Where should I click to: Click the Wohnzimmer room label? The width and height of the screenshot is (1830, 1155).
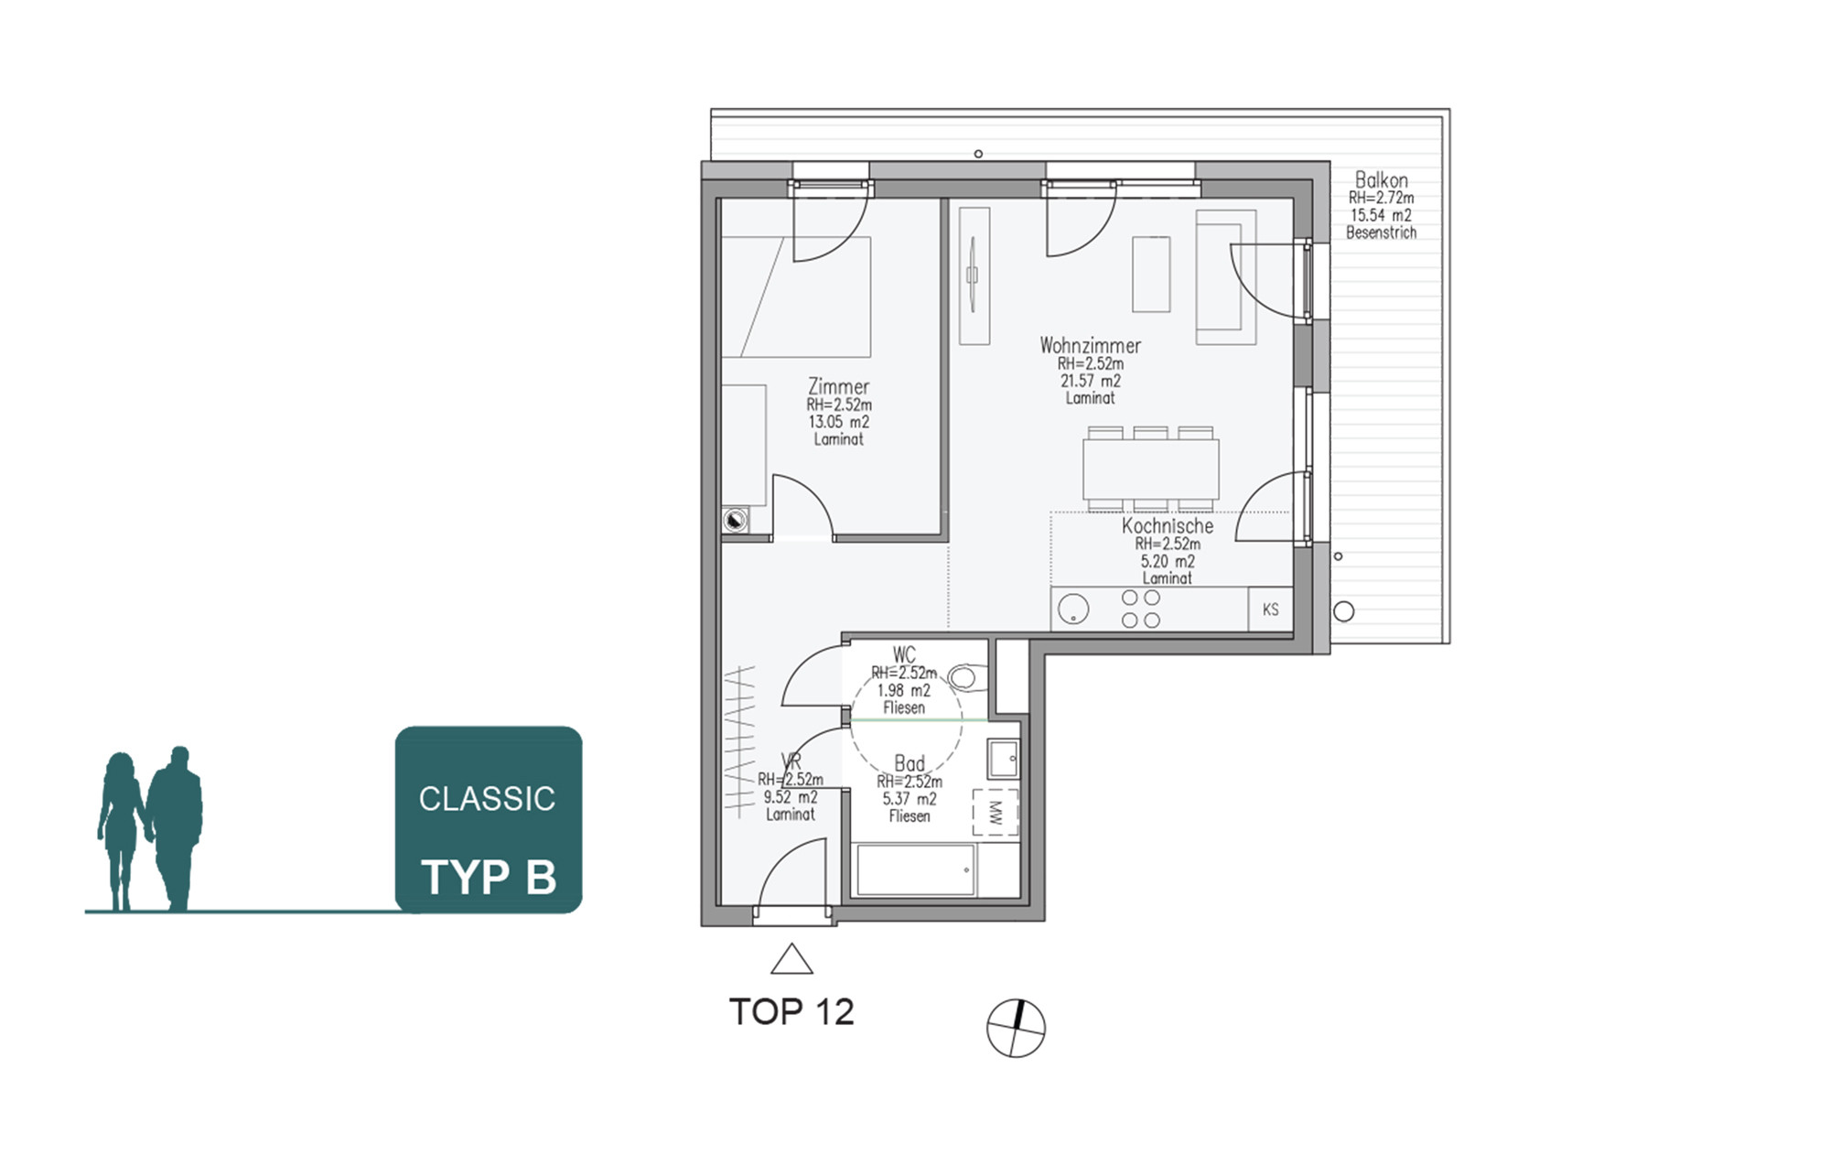pos(1090,346)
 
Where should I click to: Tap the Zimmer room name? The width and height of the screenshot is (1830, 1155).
pos(838,386)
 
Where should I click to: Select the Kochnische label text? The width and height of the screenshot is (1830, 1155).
pos(1168,526)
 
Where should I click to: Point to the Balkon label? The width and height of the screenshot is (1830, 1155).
pos(1381,179)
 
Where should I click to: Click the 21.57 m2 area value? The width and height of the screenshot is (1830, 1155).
pos(1091,381)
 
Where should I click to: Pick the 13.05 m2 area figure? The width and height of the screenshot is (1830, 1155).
pos(838,422)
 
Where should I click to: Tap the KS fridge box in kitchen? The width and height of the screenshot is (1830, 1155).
pos(1271,610)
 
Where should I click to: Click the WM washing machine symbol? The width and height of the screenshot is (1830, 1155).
pos(996,812)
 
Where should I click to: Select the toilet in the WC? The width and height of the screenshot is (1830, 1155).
pos(967,678)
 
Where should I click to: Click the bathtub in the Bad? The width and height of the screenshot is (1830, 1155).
pos(916,870)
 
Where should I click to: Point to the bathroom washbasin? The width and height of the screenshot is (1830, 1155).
pos(1004,759)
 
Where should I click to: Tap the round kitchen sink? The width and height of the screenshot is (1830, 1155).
pos(1073,610)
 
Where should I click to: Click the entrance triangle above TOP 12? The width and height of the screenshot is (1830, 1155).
pos(791,959)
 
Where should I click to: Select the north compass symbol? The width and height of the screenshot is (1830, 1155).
pos(1016,1028)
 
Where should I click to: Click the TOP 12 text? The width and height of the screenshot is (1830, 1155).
pos(791,1012)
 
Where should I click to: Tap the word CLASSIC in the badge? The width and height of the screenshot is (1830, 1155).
pos(487,799)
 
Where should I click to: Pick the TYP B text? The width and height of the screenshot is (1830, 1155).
pos(489,877)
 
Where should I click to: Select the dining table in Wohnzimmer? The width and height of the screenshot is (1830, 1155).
pos(1151,469)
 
